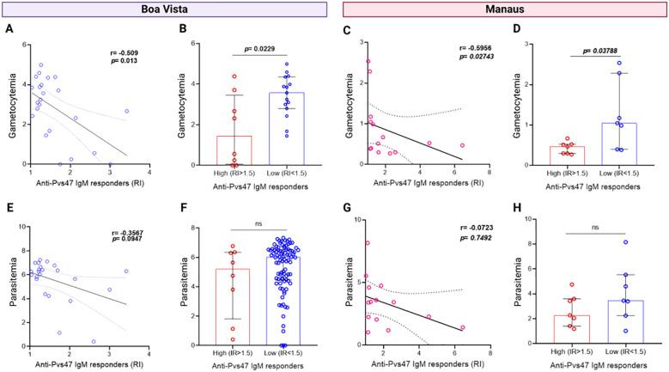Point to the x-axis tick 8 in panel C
489,174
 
